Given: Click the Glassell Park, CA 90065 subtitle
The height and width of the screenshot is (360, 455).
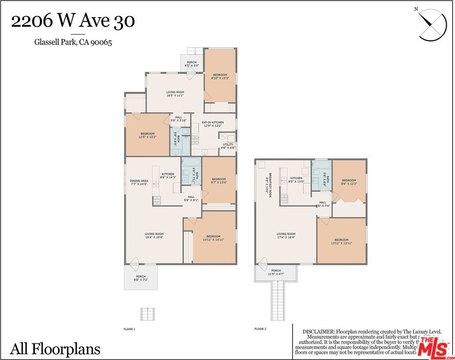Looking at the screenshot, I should tap(73, 43).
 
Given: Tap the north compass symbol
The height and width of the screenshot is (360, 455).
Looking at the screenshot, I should tap(431, 22).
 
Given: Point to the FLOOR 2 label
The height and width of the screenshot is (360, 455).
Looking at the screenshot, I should tap(260, 327).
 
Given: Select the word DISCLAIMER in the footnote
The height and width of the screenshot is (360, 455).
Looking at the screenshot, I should tap(319, 329).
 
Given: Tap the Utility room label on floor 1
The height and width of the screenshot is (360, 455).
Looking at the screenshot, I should tap(227, 146).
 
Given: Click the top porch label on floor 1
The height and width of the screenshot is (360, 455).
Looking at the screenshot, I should tap(191, 66).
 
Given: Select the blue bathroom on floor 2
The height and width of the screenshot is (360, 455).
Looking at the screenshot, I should tap(322, 180).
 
